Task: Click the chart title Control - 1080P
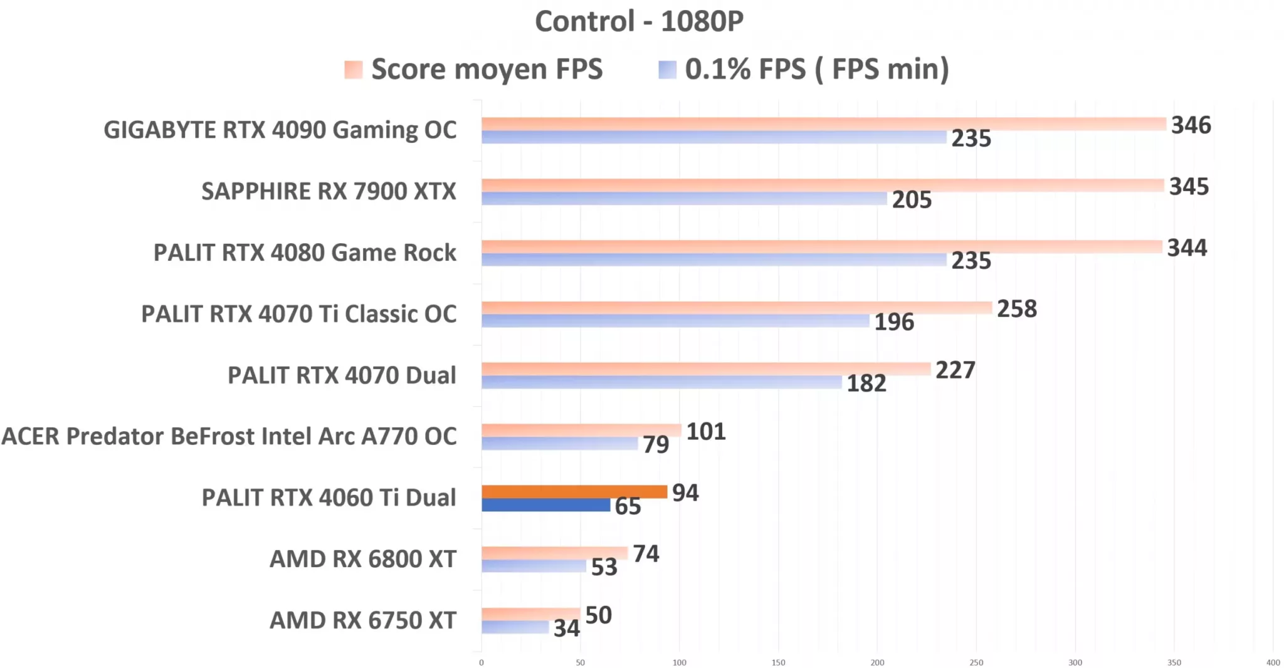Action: (639, 21)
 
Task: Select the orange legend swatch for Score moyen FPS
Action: (353, 70)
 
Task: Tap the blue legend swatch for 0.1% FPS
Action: (667, 70)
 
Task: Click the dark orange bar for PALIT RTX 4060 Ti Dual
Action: (574, 492)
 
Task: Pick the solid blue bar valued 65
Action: (545, 505)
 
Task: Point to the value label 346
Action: (1191, 125)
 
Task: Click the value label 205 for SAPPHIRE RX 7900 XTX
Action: (912, 200)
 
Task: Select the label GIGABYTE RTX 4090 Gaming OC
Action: (280, 130)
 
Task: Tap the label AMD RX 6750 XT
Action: (362, 620)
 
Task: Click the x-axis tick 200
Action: (877, 662)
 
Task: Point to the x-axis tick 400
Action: (1273, 662)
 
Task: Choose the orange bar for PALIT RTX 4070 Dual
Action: (705, 369)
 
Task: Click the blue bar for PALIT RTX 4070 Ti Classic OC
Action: (675, 321)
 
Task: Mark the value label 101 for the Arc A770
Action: (706, 432)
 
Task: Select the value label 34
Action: (566, 628)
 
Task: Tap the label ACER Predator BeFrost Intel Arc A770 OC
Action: (229, 436)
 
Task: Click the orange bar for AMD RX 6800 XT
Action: (554, 553)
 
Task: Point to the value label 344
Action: (1187, 248)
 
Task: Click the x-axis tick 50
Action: (580, 662)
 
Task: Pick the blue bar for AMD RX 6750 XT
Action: (515, 627)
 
